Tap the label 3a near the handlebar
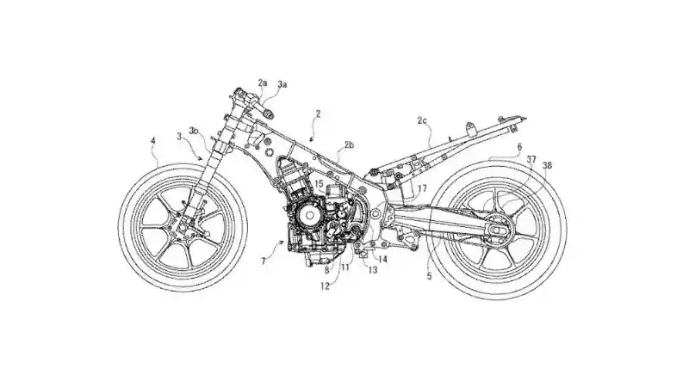click(282, 85)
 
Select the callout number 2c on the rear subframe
click(422, 122)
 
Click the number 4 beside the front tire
click(153, 140)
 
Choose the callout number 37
click(531, 160)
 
